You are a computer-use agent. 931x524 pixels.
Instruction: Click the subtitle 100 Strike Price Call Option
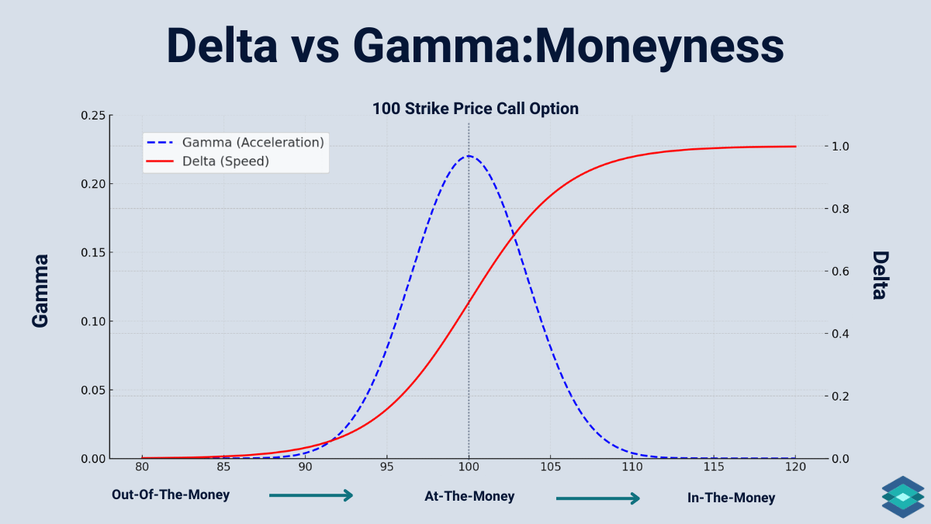pyautogui.click(x=475, y=109)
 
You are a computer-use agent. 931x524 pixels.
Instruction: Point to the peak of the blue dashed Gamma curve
pyautogui.click(x=469, y=156)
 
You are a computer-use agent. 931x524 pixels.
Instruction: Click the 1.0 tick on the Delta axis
pyautogui.click(x=841, y=147)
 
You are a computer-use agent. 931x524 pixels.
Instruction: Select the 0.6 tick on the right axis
pyautogui.click(x=841, y=272)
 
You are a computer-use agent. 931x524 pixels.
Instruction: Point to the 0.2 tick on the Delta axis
pyautogui.click(x=841, y=397)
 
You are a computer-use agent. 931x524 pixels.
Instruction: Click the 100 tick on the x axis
pyautogui.click(x=469, y=467)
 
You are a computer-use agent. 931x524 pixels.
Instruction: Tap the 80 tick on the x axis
pyautogui.click(x=142, y=467)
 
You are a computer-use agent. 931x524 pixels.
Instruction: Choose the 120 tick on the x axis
pyautogui.click(x=795, y=467)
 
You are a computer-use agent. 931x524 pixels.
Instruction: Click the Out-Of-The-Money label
pyautogui.click(x=171, y=495)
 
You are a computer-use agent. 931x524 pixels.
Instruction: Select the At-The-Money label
pyautogui.click(x=469, y=496)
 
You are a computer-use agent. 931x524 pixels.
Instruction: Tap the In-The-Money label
pyautogui.click(x=731, y=498)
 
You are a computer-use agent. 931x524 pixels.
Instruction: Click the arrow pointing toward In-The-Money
pyautogui.click(x=598, y=498)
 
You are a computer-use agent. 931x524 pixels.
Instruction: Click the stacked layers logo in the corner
pyautogui.click(x=902, y=497)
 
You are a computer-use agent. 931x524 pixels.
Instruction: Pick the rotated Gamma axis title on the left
pyautogui.click(x=40, y=290)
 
